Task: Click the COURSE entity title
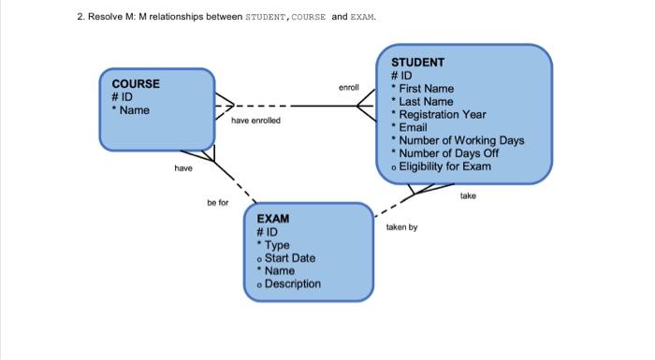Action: point(136,83)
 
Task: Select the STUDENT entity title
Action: point(417,62)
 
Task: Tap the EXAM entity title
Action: point(273,218)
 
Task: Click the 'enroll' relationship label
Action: point(349,87)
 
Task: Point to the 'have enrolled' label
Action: point(255,121)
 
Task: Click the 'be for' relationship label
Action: point(217,202)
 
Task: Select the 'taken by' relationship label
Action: point(401,227)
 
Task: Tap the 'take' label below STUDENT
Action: point(468,196)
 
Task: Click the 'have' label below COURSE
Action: point(183,168)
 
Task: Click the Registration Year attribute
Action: point(442,114)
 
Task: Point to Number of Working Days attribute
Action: point(461,140)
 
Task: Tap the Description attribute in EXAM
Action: point(292,284)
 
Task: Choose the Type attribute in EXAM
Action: point(277,245)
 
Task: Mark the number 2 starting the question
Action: point(80,17)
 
